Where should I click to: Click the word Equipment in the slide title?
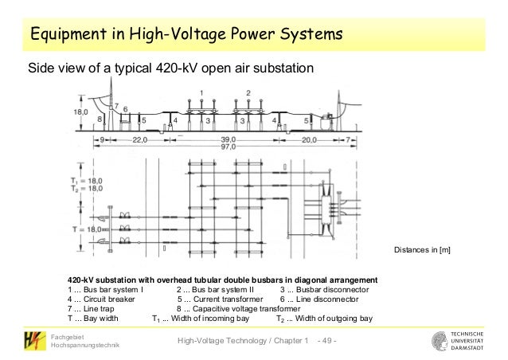tap(67, 35)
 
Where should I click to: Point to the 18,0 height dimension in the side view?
tap(80, 112)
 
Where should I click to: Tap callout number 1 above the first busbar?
tap(201, 94)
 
